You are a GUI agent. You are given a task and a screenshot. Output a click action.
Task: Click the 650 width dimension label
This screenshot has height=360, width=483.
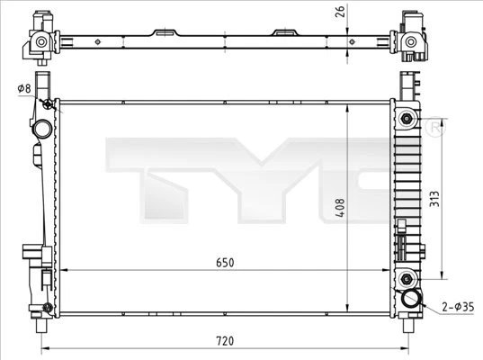225,263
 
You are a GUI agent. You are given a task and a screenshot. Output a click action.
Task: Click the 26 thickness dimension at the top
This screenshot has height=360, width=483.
338,11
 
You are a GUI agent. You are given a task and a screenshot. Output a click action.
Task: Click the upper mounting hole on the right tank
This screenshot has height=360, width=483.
407,119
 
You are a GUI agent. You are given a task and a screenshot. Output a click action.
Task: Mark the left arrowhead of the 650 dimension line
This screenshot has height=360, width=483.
63,271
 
